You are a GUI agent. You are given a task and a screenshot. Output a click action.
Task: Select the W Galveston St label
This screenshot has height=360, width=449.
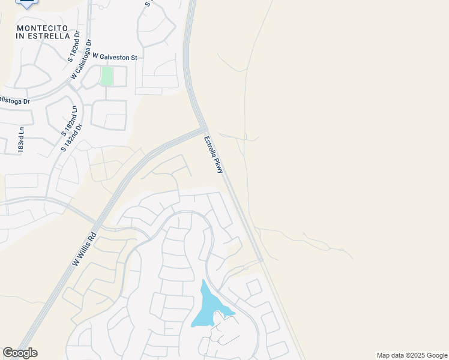[112, 58]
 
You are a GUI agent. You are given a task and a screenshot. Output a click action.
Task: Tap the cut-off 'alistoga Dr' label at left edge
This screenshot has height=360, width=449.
[14, 101]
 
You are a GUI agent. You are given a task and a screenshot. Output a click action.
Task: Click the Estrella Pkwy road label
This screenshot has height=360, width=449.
[213, 155]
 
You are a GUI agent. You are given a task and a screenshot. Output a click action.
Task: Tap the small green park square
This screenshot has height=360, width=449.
[107, 76]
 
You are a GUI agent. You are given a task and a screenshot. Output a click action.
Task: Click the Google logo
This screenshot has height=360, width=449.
[20, 353]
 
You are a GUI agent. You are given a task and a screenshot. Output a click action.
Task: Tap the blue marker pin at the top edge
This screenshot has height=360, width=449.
[26, 2]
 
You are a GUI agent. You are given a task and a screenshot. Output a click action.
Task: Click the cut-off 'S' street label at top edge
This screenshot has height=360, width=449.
[147, 3]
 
